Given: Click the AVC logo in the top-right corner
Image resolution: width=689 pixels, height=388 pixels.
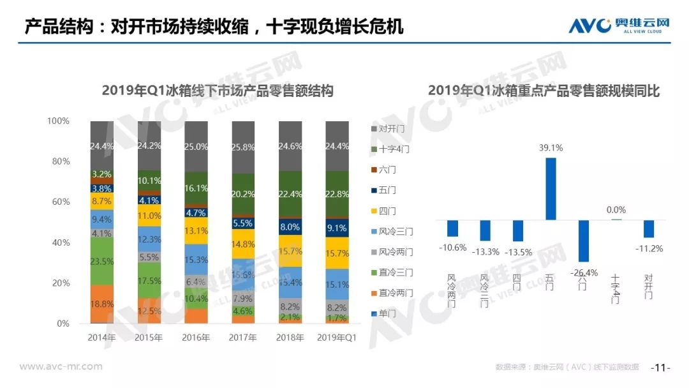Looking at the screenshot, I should click(619, 26).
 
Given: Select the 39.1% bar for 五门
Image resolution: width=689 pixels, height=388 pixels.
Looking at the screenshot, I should click(551, 189).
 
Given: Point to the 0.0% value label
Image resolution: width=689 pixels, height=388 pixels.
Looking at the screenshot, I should click(616, 209).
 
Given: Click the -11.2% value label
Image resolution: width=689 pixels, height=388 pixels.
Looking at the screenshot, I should click(649, 248).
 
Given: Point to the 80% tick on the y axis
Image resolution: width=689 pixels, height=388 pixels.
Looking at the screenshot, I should click(59, 161).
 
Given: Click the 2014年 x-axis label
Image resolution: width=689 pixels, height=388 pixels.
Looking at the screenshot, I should click(102, 337).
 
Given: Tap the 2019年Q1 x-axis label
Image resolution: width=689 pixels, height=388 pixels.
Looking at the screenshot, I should click(337, 337).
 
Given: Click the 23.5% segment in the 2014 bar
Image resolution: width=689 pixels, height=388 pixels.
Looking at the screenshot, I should click(102, 260).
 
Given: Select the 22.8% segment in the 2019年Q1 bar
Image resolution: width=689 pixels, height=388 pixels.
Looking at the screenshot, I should click(337, 195).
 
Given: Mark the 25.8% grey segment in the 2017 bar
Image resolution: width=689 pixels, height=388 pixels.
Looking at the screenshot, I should click(244, 147).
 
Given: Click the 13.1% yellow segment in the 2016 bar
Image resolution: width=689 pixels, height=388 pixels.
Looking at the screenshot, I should click(196, 231).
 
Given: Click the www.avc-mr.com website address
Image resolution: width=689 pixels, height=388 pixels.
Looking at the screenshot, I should click(61, 366).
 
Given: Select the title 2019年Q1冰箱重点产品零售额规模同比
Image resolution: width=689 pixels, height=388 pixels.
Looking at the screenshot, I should click(544, 91).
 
